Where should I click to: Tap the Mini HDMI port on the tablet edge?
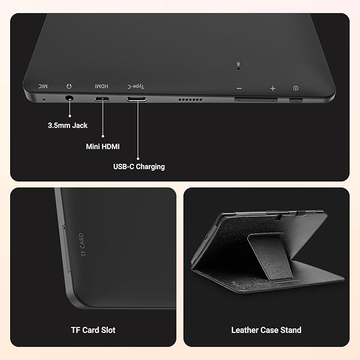(102, 99)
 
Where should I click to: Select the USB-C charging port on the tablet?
(137, 99)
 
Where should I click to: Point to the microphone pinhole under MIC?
(43, 98)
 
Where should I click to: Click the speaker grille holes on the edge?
(190, 100)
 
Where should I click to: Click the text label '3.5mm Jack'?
(68, 126)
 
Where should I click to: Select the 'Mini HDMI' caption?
(103, 146)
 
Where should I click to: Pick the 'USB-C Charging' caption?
(139, 166)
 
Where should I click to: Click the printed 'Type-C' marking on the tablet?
(136, 86)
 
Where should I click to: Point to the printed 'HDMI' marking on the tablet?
(102, 86)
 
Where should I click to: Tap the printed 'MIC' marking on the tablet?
(42, 85)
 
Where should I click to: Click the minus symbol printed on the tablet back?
(239, 88)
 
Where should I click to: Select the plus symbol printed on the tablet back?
(273, 88)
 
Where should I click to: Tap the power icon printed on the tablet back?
(295, 89)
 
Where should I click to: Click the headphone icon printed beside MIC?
(68, 85)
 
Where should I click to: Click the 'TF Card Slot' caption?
(93, 330)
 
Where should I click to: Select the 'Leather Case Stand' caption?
(266, 330)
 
